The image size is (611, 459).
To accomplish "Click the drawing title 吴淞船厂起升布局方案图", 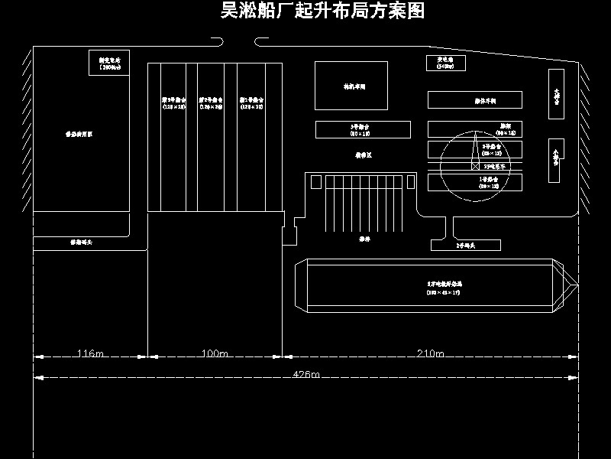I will (322, 11).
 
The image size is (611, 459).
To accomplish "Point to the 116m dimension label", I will (90, 353).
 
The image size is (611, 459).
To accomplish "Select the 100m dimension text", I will (215, 353).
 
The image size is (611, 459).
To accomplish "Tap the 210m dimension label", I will (431, 353).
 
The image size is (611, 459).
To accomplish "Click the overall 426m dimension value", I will (306, 374).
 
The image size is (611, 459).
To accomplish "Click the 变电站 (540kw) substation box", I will (446, 63).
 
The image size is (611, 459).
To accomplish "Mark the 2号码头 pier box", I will (465, 246).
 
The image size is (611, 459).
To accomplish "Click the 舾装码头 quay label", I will (81, 241).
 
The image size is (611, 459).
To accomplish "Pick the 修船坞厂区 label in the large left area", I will (79, 134).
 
